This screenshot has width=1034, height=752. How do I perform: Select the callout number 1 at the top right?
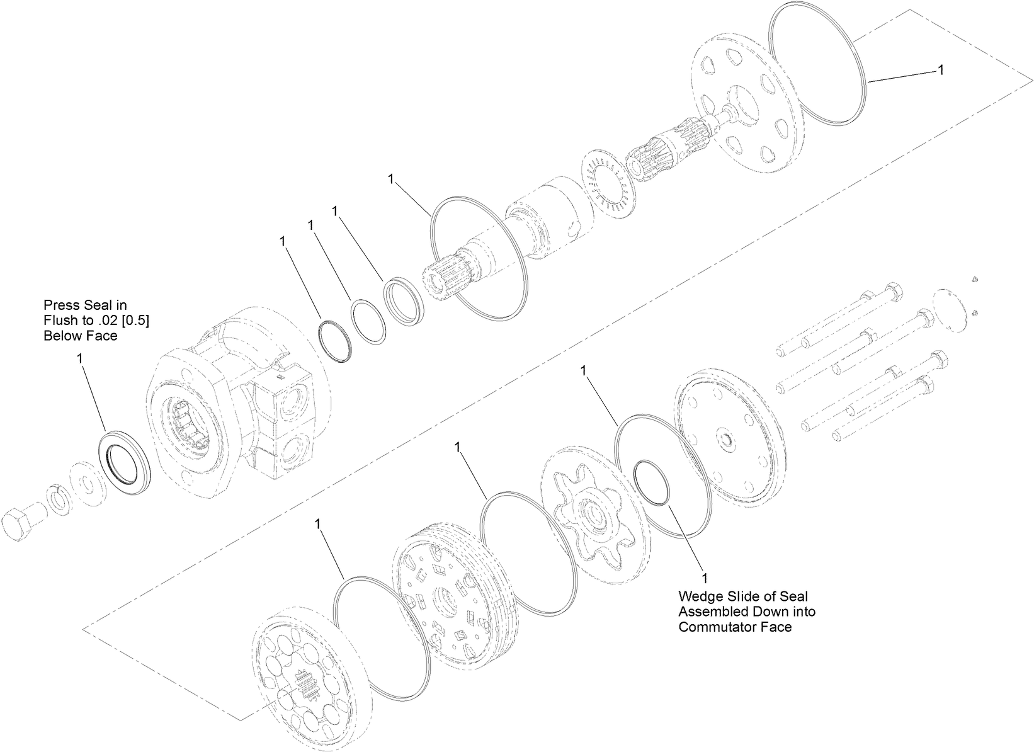click(x=941, y=71)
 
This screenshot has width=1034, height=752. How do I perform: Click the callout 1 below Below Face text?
click(x=79, y=358)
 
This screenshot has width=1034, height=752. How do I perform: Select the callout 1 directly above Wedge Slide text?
click(x=705, y=578)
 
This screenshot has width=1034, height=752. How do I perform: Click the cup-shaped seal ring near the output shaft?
click(x=405, y=302)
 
